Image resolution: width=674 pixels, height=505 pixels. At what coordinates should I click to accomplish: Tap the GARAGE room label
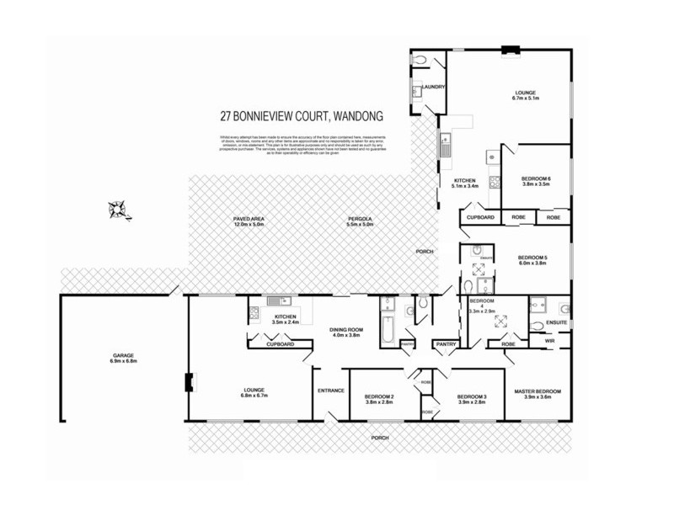pos(123,355)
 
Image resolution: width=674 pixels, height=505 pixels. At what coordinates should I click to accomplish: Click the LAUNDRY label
pos(434,87)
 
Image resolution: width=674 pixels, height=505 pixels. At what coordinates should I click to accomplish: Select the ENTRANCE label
pos(329,391)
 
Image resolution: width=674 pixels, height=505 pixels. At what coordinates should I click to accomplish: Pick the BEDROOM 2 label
pos(379,396)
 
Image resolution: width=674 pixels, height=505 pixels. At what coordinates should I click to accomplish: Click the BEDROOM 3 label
pos(472,396)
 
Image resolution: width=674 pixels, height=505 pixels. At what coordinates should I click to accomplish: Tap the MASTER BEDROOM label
pos(538,392)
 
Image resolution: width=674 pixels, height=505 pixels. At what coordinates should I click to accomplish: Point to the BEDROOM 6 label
pos(536,178)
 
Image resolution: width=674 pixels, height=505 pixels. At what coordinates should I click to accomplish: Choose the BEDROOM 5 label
pos(532,258)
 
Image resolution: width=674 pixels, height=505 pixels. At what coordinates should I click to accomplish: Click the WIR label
pos(548,341)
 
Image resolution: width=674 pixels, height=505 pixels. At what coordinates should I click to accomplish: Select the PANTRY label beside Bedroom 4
pos(446,343)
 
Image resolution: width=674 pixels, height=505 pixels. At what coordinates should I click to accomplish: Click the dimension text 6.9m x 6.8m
pos(123,361)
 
